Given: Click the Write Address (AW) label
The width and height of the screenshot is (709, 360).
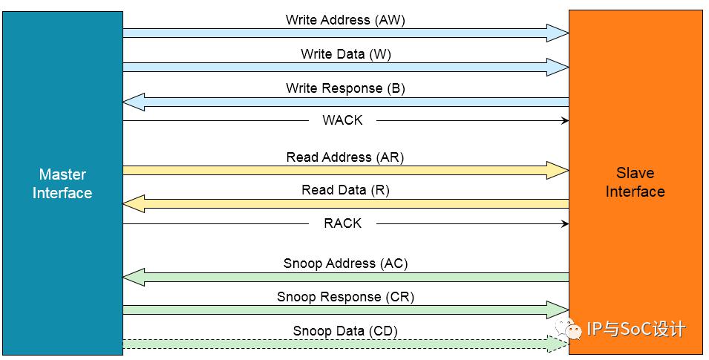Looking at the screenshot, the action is (345, 20).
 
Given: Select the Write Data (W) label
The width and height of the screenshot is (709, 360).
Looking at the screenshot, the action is (346, 54).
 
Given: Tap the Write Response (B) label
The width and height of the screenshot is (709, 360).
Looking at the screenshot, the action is (345, 88).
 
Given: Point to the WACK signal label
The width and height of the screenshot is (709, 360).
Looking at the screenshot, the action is (342, 120).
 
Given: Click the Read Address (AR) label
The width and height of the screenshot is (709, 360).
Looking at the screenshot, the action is (345, 157).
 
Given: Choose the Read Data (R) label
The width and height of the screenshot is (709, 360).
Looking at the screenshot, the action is (345, 190).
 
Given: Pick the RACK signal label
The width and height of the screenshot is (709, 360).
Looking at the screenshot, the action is (342, 223).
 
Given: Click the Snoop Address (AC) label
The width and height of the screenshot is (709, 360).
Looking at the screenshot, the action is (345, 264).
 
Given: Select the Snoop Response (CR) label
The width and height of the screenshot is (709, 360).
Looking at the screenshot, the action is (345, 297).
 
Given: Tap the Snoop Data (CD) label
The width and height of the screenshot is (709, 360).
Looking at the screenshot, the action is (345, 331).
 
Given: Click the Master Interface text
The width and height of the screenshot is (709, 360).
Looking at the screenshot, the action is (62, 183).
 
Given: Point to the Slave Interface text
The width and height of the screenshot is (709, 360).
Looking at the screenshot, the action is (636, 183).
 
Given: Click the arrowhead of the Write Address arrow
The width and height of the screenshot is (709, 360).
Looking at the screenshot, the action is (558, 33).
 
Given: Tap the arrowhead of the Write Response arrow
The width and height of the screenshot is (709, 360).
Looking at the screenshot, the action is (134, 102).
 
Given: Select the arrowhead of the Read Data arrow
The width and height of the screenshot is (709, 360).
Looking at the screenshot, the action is (134, 203).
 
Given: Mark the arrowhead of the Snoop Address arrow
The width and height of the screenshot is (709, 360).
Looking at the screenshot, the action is (134, 277).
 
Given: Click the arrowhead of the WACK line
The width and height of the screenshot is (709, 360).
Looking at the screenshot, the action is (565, 120).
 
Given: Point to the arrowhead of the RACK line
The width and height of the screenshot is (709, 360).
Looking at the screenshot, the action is (565, 223).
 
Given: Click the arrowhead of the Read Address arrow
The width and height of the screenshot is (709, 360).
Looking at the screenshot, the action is (558, 171).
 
